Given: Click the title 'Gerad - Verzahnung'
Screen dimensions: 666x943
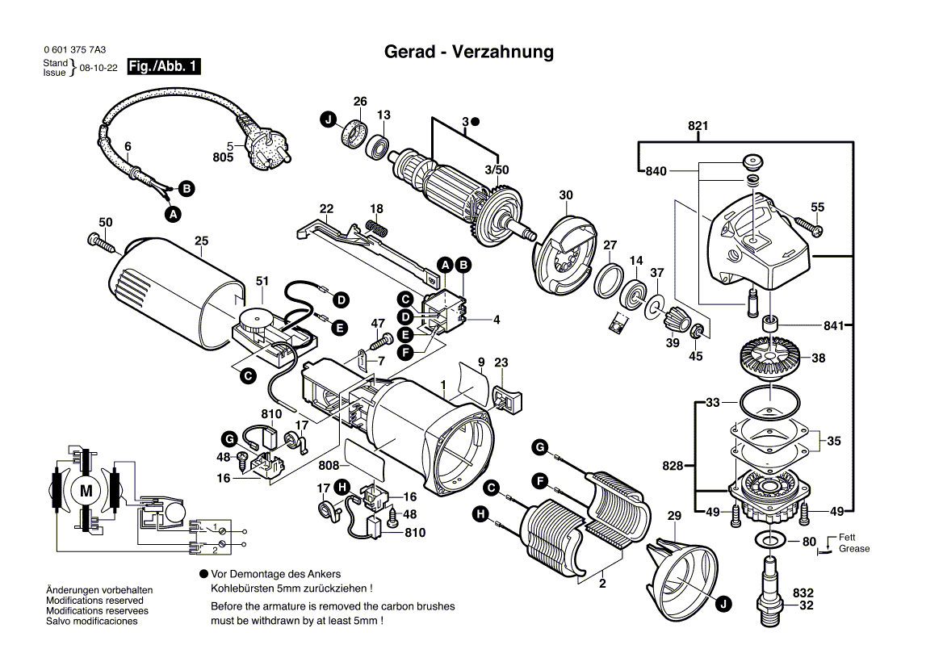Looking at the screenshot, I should (469, 52).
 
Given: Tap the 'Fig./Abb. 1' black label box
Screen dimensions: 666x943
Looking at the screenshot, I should (164, 67).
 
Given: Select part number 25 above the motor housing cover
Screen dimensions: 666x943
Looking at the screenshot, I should (201, 241).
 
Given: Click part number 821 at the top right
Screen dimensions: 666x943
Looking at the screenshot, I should (698, 126).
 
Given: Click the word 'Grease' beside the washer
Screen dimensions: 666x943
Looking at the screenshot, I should (854, 549).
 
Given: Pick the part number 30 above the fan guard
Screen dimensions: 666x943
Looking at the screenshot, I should (566, 195).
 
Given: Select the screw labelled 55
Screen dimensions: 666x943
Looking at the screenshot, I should (808, 225).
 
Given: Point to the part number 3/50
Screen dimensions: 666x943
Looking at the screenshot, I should (497, 170).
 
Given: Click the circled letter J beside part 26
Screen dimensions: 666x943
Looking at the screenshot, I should (328, 119).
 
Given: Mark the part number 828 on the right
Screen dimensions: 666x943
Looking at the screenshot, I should (672, 466).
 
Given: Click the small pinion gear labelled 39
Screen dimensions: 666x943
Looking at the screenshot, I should (673, 326).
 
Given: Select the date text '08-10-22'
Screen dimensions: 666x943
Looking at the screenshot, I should (98, 69).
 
